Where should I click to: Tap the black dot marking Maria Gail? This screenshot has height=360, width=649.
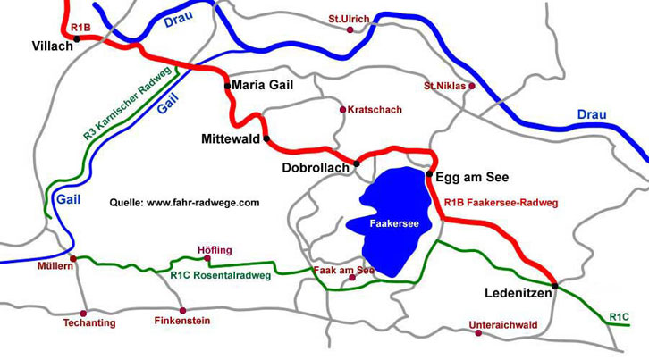[227, 85]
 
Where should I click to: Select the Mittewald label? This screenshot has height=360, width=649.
[231, 139]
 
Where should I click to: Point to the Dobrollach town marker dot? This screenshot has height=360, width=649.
[357, 163]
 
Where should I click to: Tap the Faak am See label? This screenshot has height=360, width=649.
[343, 269]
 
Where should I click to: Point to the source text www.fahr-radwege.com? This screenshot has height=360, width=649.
[184, 203]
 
